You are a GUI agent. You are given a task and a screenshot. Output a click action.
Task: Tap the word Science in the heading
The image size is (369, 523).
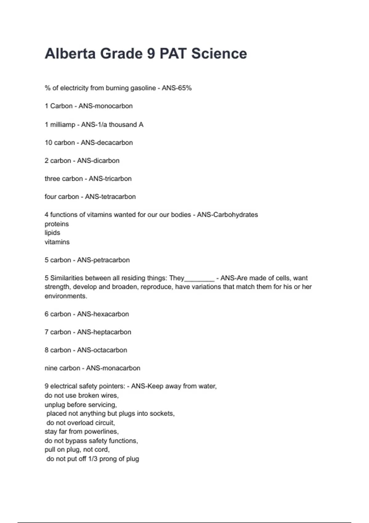[x=219, y=54]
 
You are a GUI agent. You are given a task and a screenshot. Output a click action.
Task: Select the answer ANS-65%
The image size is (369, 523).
[x=177, y=88]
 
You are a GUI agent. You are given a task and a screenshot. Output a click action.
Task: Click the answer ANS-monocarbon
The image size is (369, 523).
[x=105, y=106]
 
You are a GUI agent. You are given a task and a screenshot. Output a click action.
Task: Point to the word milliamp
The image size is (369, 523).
[x=63, y=125]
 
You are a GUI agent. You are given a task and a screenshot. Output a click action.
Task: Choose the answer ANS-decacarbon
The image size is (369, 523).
[x=107, y=143]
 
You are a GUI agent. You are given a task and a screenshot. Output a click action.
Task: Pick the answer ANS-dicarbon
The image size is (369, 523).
[x=98, y=161]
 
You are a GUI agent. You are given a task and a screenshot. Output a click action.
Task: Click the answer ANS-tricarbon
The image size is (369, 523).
[x=110, y=179]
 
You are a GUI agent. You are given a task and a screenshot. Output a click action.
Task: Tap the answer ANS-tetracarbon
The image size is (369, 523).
[x=110, y=197]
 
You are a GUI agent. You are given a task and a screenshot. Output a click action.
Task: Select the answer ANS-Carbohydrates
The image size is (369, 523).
[x=227, y=215]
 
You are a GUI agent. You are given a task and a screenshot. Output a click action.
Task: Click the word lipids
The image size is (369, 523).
[x=52, y=233]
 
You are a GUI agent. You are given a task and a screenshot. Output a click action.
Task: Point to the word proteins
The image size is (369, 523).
[x=57, y=224]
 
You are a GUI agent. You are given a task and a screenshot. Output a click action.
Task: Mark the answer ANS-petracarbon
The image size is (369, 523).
[x=103, y=260]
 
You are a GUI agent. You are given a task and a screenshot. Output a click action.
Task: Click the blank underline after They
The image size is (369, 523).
[x=199, y=279]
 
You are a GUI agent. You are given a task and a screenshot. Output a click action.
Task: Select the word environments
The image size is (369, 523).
[x=65, y=296]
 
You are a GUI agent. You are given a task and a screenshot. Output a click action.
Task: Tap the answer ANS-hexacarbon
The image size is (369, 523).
[x=103, y=314]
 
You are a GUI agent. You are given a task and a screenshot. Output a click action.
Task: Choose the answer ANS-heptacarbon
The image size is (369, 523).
[x=104, y=332]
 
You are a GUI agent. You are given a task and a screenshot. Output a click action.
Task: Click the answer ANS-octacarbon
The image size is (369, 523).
[x=102, y=350]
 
